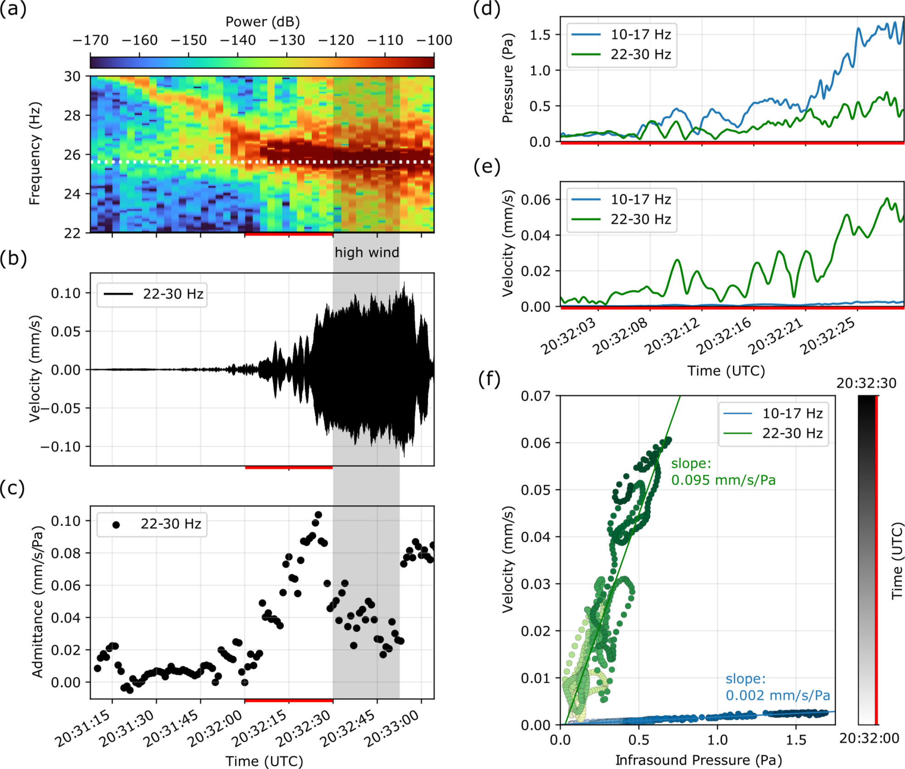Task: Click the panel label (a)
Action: click(13, 9)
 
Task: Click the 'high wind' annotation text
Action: click(366, 252)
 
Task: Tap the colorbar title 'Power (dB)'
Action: click(262, 22)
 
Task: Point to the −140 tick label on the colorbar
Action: click(238, 40)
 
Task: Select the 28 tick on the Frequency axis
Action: click(72, 115)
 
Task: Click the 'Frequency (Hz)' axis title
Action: click(35, 153)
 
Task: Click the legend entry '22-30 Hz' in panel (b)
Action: click(173, 294)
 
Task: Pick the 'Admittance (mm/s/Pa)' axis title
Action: click(37, 602)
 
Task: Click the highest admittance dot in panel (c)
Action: click(318, 515)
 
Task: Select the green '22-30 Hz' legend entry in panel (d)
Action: click(640, 55)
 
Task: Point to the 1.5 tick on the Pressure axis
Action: click(540, 35)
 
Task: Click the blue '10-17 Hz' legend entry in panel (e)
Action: click(640, 199)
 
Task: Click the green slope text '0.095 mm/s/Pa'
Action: click(723, 480)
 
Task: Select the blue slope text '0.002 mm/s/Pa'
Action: click(777, 695)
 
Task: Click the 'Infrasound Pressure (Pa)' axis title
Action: click(698, 760)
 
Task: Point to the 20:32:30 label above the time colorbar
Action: click(866, 383)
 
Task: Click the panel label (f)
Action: click(489, 379)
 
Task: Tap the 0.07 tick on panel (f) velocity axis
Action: click(535, 396)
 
